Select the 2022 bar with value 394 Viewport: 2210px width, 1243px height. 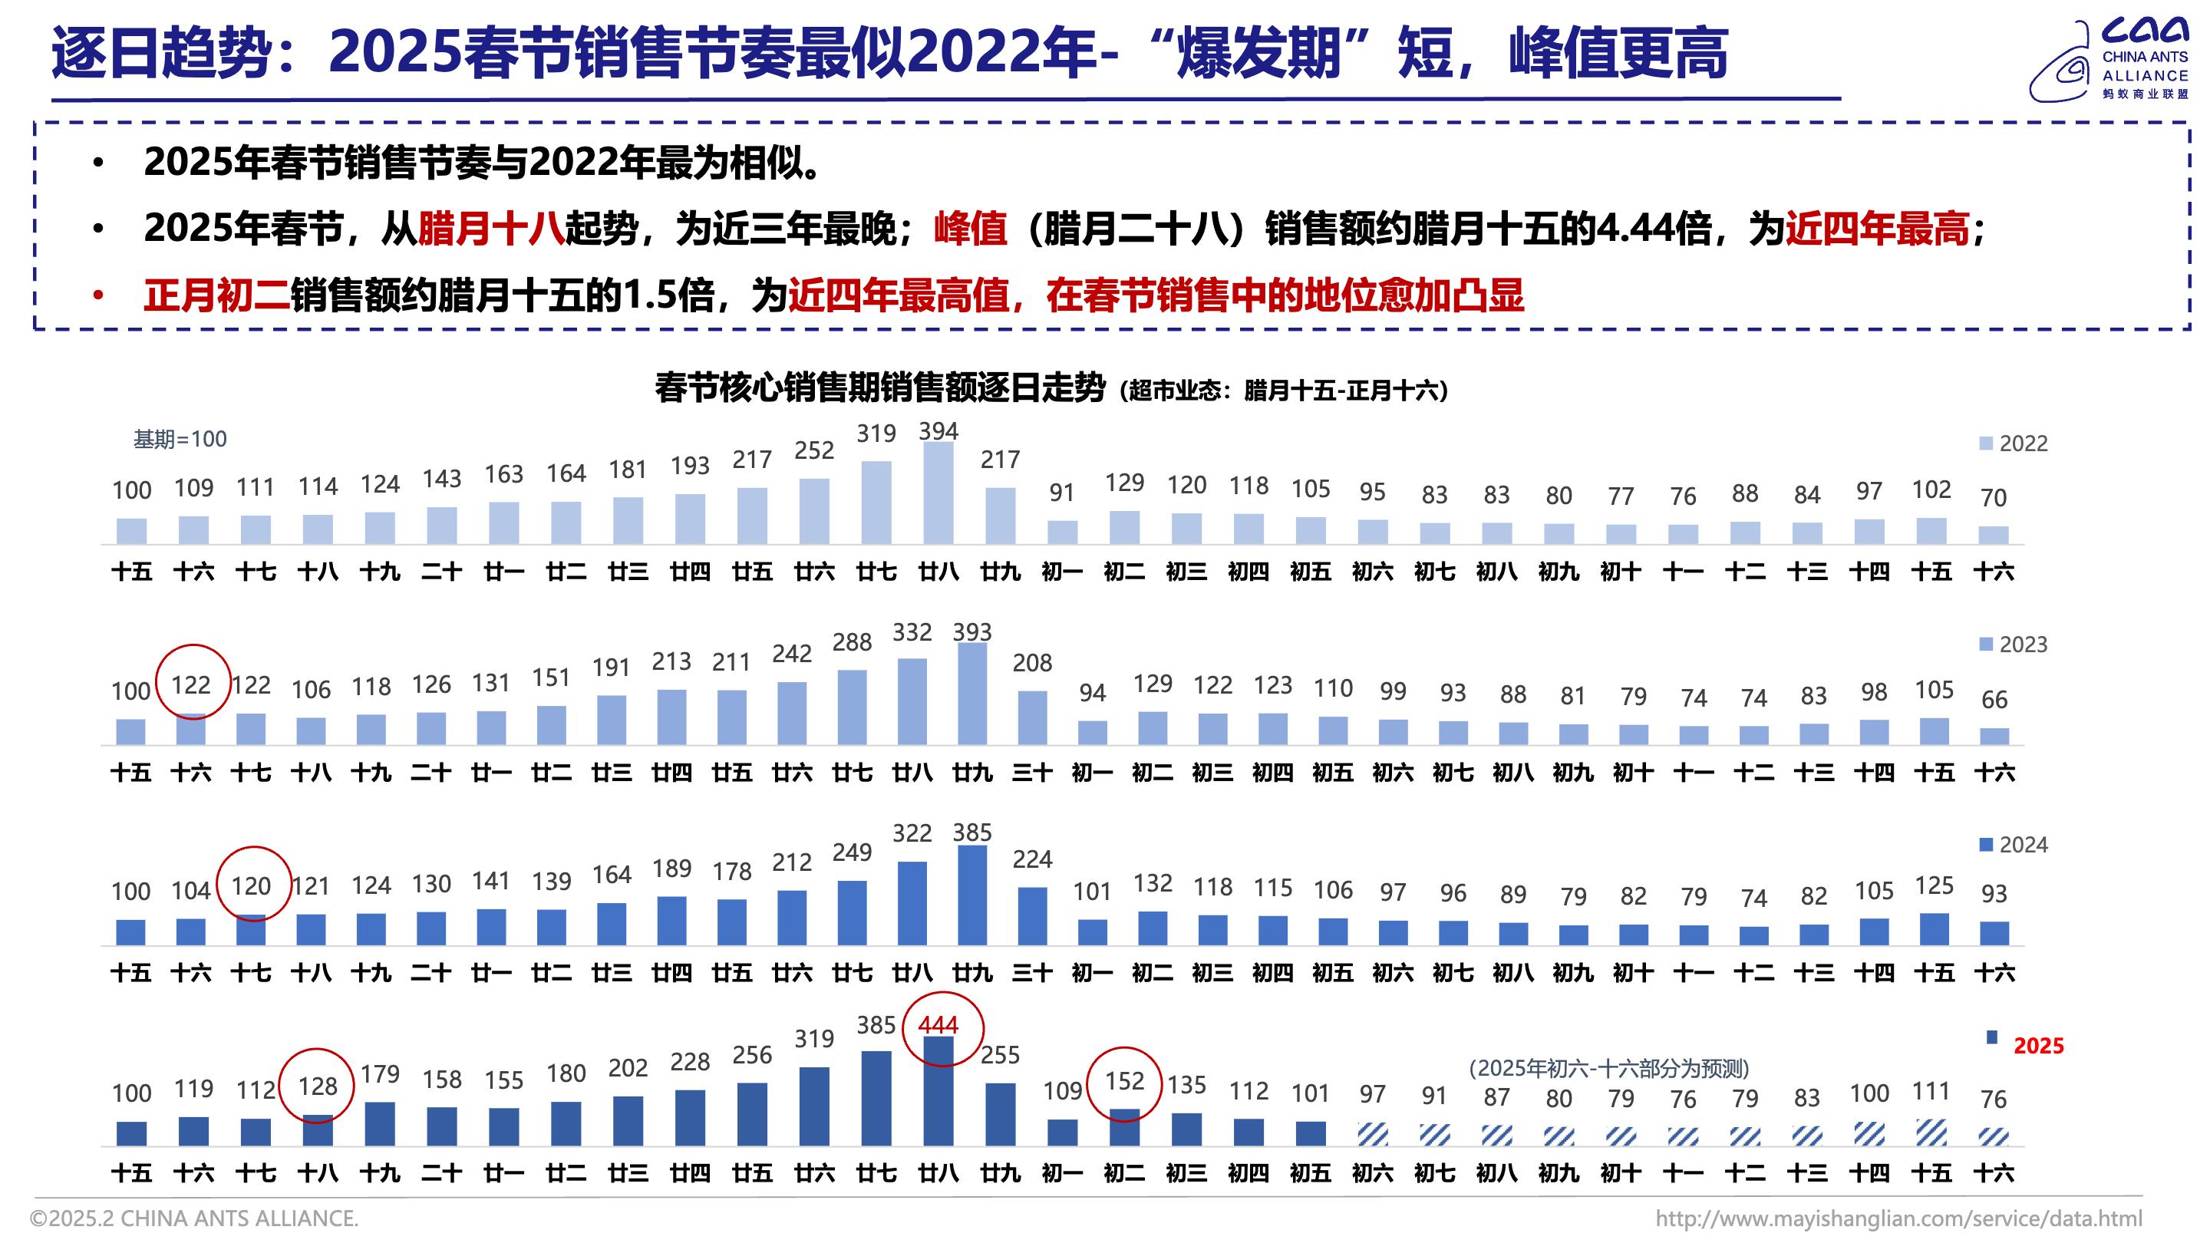click(x=938, y=493)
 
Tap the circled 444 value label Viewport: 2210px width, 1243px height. click(x=938, y=1025)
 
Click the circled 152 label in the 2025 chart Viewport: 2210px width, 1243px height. click(x=1124, y=1081)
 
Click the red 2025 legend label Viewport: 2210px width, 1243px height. click(x=2037, y=1046)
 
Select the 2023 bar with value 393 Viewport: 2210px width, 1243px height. click(x=972, y=693)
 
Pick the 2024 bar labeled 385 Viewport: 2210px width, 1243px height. click(x=972, y=895)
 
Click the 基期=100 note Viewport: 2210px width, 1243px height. click(x=180, y=439)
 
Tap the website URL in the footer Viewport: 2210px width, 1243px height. click(x=1898, y=1219)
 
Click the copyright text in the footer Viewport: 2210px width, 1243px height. click(x=194, y=1219)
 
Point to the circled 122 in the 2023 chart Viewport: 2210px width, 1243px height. click(x=190, y=684)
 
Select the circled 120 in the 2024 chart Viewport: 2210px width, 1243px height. click(x=250, y=886)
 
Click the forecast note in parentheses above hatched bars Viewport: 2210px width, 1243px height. click(x=1608, y=1068)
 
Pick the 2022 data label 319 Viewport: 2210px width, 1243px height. click(x=876, y=434)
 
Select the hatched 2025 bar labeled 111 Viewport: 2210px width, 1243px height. click(x=1931, y=1133)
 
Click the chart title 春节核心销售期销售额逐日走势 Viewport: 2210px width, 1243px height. click(x=879, y=387)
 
